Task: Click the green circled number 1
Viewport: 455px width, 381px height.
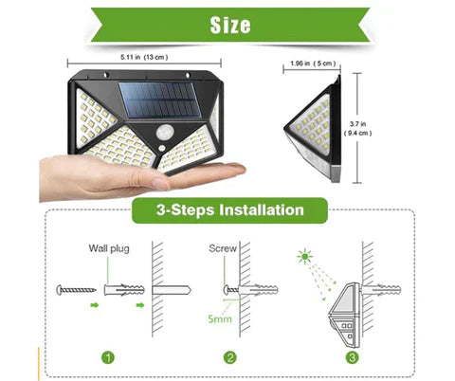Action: click(x=112, y=358)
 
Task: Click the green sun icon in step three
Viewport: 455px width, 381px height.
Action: click(x=303, y=256)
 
